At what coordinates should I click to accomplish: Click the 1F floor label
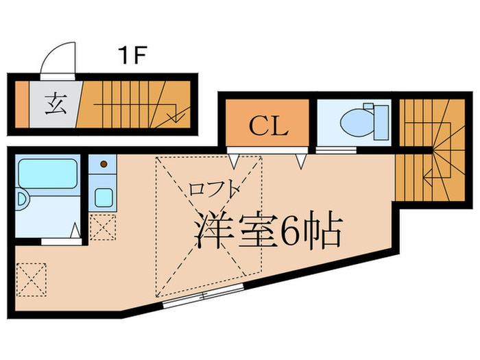pos(132,56)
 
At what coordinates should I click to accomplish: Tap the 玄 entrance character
pos(56,104)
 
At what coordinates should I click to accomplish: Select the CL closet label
pos(269,125)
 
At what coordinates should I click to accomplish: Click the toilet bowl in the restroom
pos(357,122)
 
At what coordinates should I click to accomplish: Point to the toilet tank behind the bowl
pos(381,122)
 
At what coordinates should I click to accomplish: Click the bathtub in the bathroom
pos(47,173)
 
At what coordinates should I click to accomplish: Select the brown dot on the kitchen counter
pos(104,164)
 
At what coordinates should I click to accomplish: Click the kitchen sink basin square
pos(104,197)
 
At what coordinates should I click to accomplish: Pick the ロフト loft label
pos(213,189)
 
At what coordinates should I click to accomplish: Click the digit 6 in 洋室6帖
pos(291,230)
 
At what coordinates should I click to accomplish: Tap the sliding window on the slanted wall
pos(203,296)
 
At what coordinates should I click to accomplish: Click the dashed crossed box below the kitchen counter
pos(103,228)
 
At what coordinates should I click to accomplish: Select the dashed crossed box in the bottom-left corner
pos(32,280)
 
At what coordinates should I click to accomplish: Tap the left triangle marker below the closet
pos(234,161)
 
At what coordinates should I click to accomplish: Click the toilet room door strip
pos(336,150)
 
